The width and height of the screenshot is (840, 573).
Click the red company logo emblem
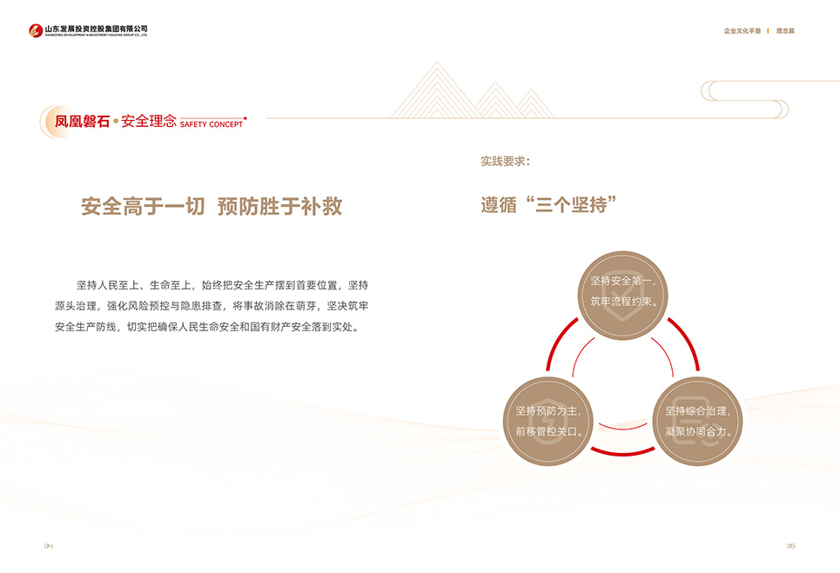(35, 31)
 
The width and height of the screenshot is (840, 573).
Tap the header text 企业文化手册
(742, 31)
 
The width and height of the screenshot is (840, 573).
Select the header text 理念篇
(785, 31)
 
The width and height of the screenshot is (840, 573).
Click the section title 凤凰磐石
(82, 123)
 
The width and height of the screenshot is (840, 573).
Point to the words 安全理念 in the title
(149, 123)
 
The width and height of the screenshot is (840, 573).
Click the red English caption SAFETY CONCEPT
(212, 125)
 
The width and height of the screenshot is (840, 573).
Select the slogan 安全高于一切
(143, 207)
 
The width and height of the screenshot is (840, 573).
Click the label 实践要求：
(505, 162)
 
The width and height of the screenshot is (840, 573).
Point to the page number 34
(49, 546)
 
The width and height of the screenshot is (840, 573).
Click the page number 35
(790, 546)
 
